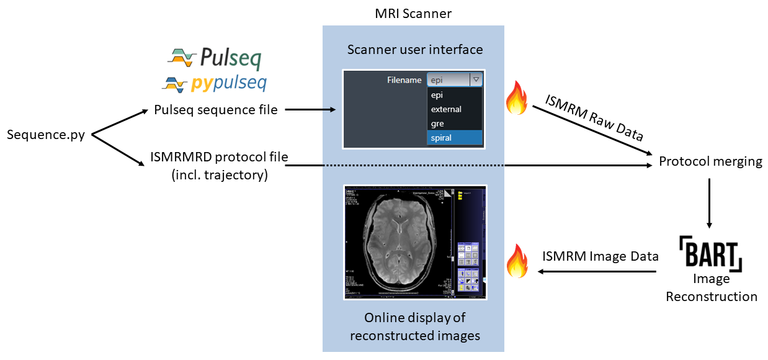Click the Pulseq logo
[x=215, y=58]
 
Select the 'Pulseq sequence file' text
[x=215, y=110]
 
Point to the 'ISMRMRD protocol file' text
[x=219, y=157]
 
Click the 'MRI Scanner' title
[x=413, y=13]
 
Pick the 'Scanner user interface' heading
[x=414, y=49]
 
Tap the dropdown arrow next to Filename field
[x=476, y=79]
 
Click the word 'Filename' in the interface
[x=404, y=80]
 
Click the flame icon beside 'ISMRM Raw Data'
[x=516, y=99]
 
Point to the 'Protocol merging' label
[x=710, y=161]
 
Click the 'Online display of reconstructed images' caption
[x=414, y=326]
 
